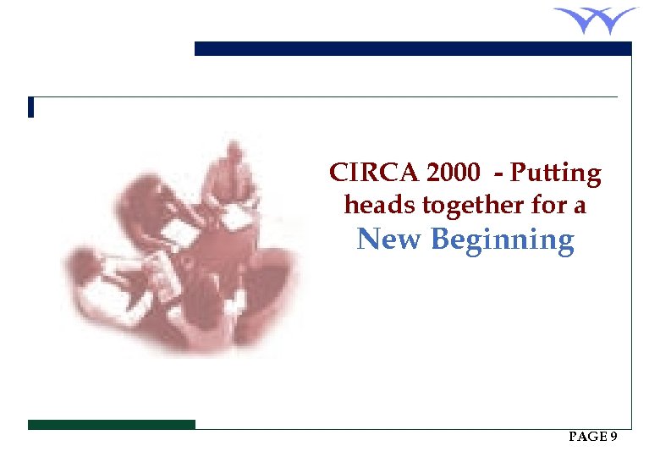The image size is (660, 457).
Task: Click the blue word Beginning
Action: [502, 241]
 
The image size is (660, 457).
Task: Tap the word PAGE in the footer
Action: [587, 437]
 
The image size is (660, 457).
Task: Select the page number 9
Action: [613, 437]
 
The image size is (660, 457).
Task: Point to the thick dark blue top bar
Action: [413, 49]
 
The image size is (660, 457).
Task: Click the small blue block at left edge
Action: [30, 107]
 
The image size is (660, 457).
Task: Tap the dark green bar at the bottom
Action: [111, 424]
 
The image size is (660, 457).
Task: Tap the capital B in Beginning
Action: [440, 240]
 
